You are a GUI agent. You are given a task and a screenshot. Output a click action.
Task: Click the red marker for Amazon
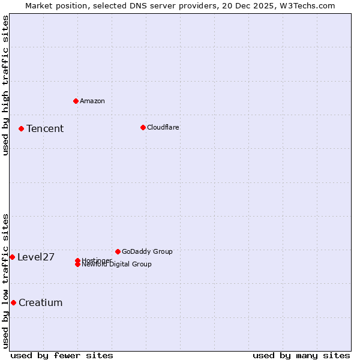pos(76,101)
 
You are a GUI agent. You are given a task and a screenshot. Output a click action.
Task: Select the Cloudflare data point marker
pos(143,127)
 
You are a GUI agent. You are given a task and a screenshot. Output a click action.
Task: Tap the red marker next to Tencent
pos(21,128)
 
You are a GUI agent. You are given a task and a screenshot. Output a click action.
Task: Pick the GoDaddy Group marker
pos(118,251)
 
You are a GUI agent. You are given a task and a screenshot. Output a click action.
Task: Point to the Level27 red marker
pos(12,257)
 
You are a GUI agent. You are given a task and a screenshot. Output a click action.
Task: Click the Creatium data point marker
pos(13,302)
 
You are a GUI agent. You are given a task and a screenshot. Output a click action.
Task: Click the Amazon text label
pos(92,101)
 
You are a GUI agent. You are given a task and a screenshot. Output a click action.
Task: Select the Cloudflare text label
pos(163,127)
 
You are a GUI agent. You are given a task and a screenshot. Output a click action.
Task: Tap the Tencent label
pos(45,128)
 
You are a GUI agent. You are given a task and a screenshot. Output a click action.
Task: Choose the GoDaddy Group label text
pos(147,251)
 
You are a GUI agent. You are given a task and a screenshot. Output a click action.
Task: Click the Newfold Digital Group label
pos(116,265)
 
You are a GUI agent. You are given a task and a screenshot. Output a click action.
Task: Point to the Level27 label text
pos(36,257)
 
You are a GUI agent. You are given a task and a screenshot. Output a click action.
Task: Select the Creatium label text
pos(40,303)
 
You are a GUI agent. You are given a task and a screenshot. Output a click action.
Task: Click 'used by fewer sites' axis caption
pos(62,355)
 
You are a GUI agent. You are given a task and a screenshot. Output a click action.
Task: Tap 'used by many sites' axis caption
pos(301,355)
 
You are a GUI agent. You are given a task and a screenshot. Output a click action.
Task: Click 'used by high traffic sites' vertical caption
pos(5,85)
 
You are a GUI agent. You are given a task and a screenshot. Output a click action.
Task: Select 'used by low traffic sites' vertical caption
pos(5,281)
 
